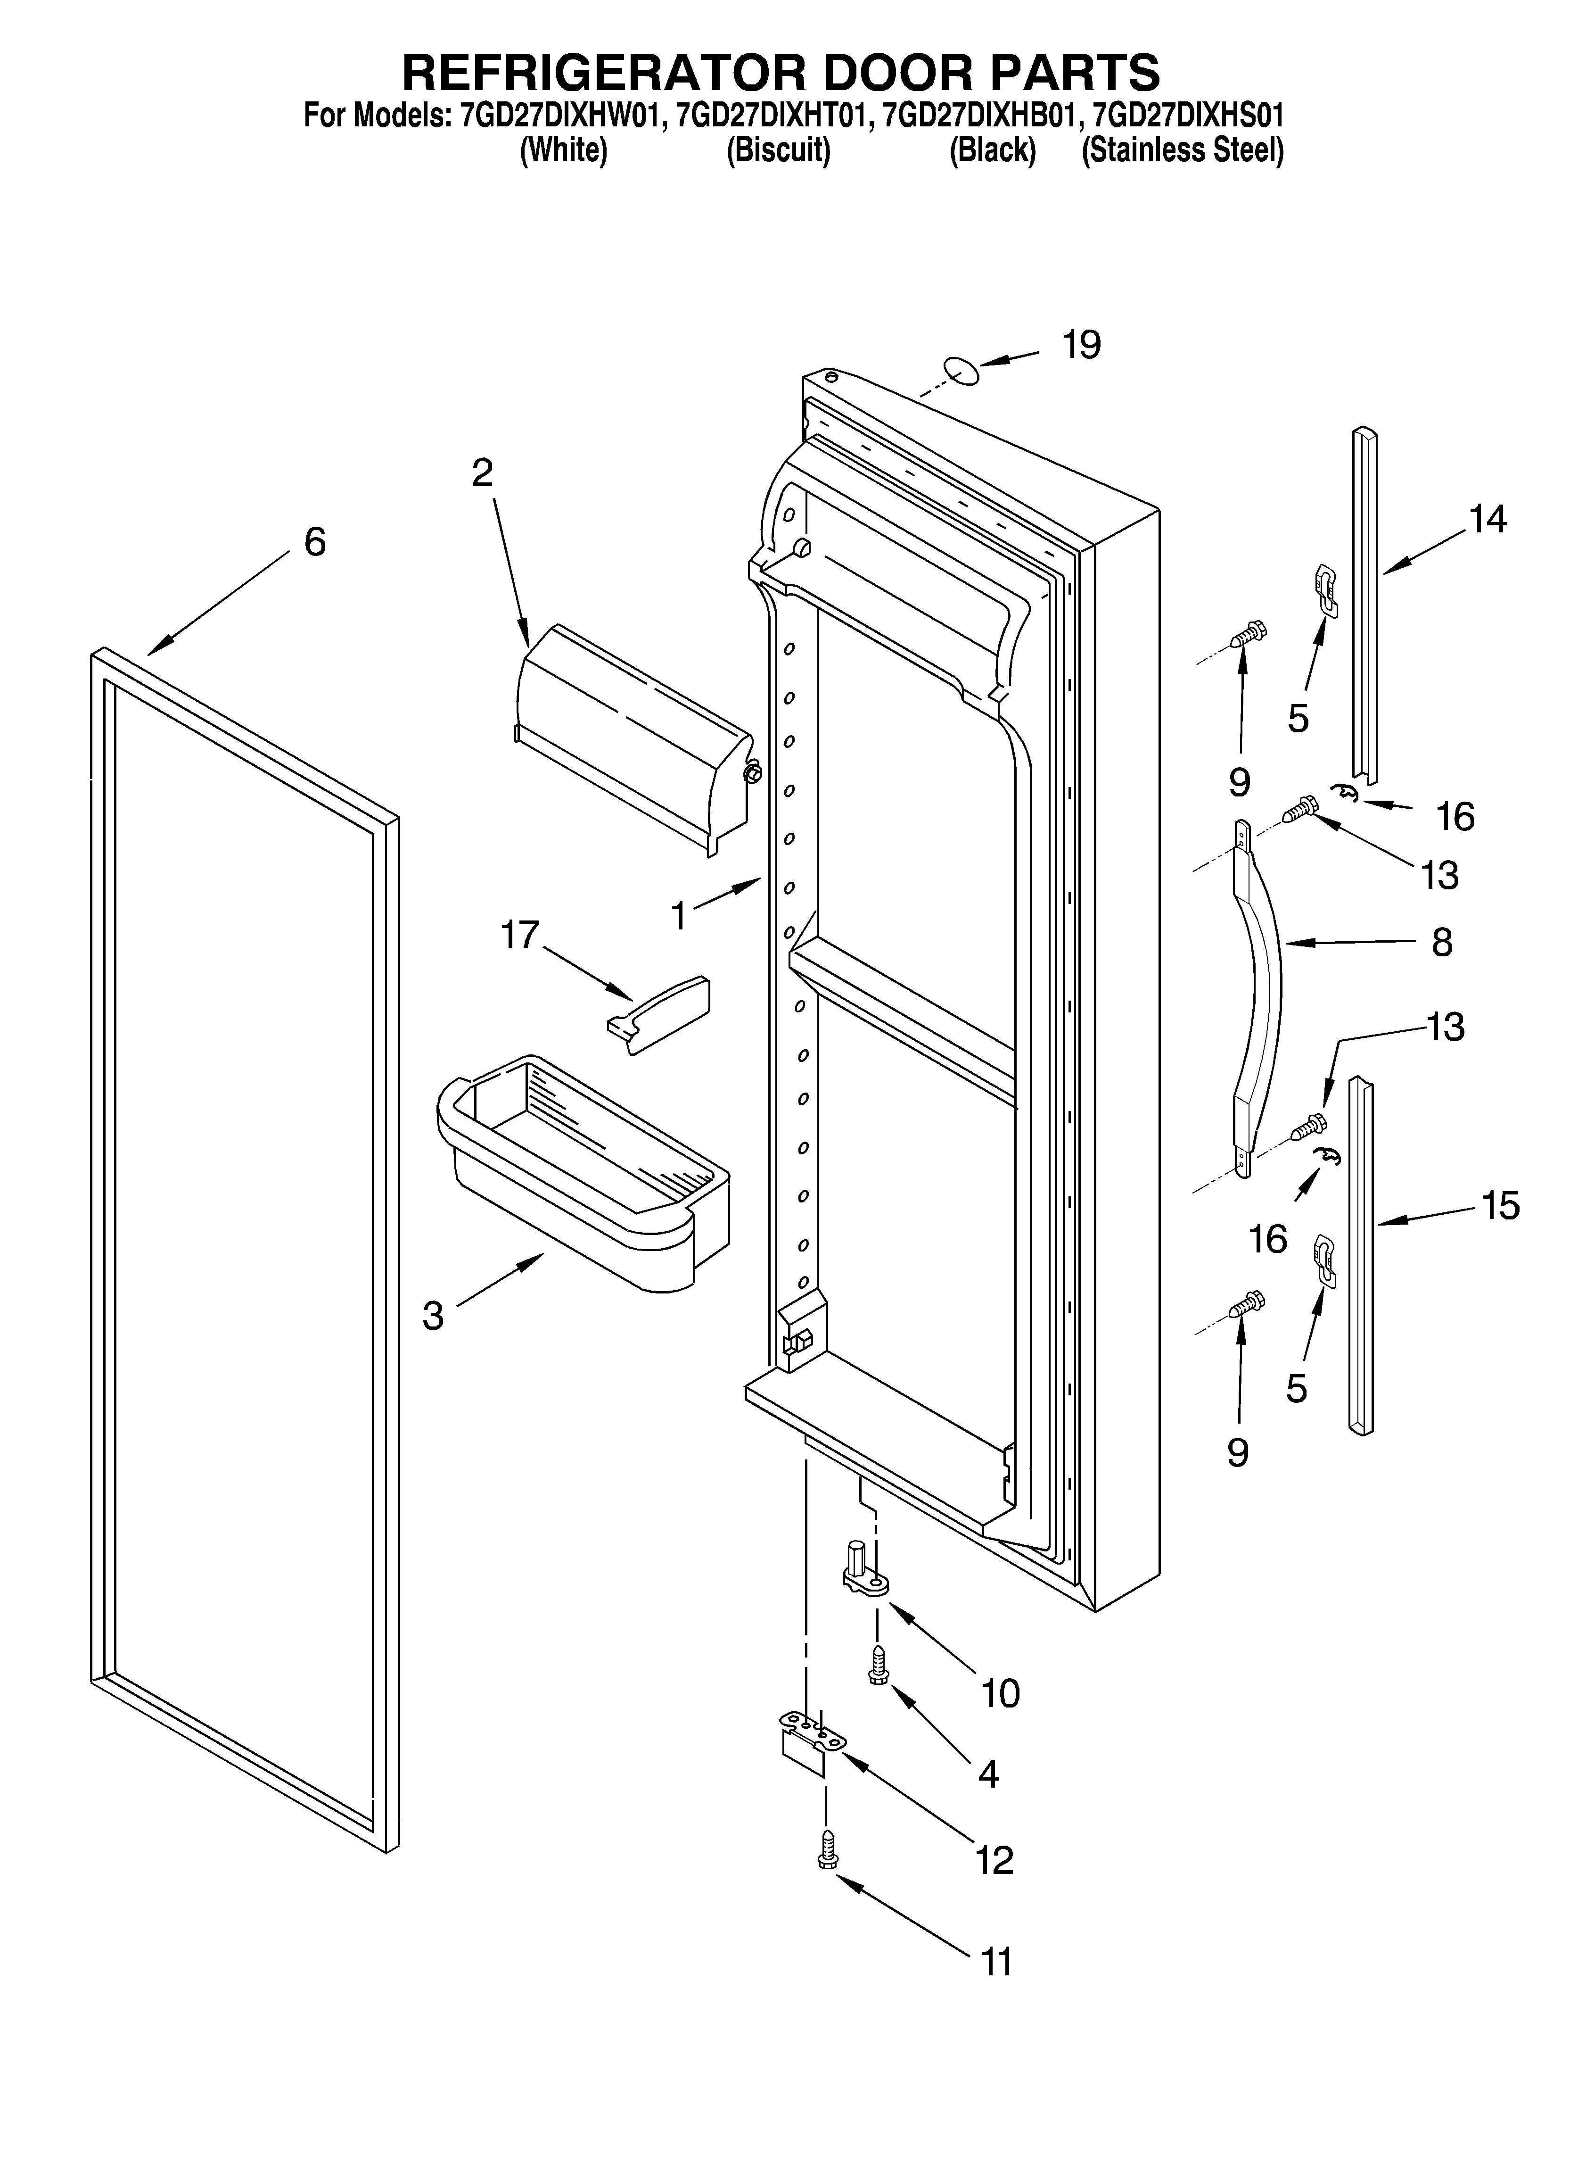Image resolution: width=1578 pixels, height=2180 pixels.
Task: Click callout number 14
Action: [x=1487, y=520]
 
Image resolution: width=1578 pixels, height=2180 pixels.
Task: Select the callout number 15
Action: [x=1500, y=1205]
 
